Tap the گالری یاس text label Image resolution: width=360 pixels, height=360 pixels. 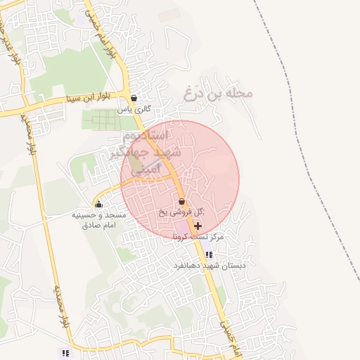(134, 110)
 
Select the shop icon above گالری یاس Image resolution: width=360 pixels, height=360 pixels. (134, 98)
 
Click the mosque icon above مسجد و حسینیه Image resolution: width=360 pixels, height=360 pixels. (98, 205)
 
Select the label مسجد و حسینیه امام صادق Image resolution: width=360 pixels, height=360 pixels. (98, 220)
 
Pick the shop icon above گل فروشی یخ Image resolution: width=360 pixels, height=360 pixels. (182, 202)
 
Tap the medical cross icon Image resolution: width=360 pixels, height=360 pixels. (198, 226)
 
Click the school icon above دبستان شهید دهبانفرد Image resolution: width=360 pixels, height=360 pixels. (208, 255)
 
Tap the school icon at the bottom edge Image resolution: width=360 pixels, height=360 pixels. (65, 353)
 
